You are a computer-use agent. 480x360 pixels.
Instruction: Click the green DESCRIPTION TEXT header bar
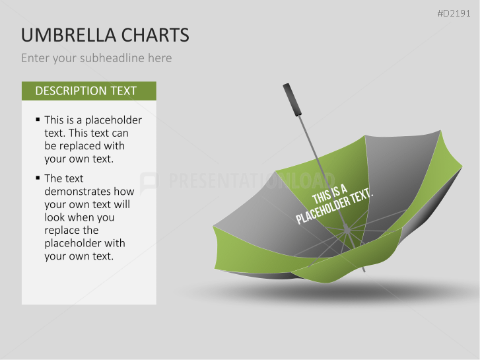pos(88,91)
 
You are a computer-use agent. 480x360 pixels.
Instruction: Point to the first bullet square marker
pos(38,120)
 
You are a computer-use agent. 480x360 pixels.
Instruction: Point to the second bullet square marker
pos(38,178)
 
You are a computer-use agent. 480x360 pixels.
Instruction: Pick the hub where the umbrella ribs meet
pos(346,229)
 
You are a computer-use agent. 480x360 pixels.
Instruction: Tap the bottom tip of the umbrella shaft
pos(364,270)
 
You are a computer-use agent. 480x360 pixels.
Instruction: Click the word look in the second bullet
pos(56,217)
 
